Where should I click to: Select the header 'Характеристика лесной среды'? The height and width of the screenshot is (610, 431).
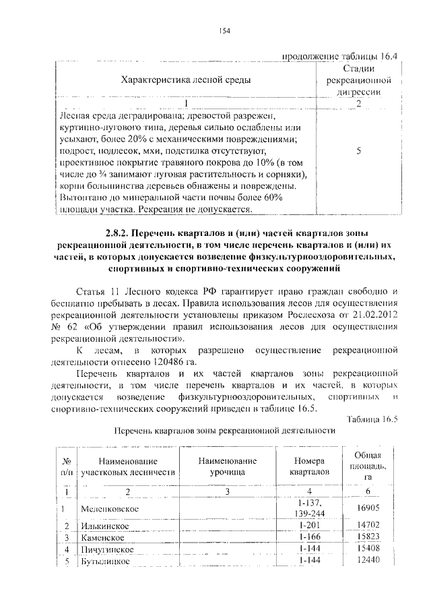tap(185, 80)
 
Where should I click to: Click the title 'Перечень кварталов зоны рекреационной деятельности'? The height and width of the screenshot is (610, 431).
tap(224, 430)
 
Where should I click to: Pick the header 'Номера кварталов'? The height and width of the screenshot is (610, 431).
tap(309, 467)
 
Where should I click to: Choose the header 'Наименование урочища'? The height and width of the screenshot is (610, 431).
tap(227, 467)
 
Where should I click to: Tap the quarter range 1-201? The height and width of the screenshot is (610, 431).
tap(309, 525)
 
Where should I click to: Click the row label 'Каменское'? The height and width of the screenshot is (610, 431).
tap(101, 538)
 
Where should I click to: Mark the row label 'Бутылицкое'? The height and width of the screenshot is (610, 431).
tap(105, 562)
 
